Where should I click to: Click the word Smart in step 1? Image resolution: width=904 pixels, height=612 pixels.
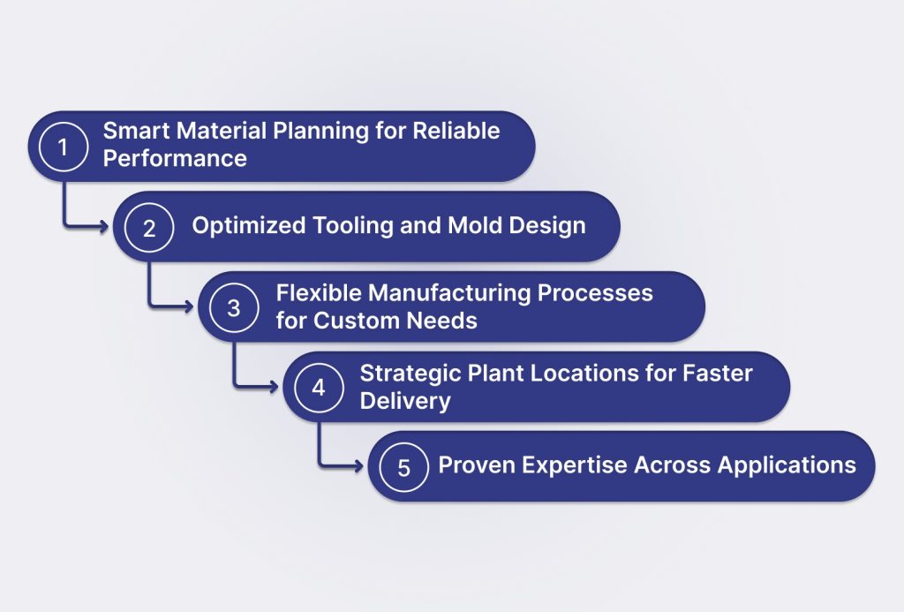[136, 131]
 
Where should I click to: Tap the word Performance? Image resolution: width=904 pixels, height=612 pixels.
[175, 159]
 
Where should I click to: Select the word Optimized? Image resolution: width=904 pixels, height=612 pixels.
[248, 225]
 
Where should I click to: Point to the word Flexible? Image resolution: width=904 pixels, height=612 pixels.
[319, 293]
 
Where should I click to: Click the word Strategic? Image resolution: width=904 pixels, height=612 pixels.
[410, 374]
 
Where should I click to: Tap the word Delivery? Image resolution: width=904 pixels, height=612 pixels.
[405, 402]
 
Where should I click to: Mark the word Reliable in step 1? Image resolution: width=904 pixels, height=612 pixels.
[456, 131]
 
